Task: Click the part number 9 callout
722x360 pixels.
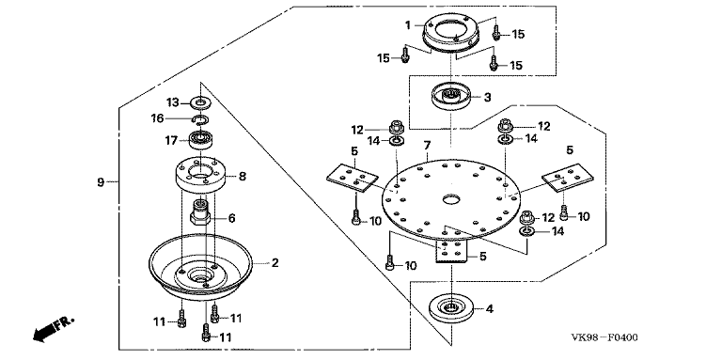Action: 101,181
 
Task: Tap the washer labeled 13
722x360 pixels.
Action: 200,102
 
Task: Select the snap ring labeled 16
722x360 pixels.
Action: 200,119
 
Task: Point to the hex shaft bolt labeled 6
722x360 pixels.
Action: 200,211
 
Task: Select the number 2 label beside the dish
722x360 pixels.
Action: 275,263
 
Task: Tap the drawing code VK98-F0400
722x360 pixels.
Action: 604,337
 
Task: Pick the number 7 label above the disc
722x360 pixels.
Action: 427,146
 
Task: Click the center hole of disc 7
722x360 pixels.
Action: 451,199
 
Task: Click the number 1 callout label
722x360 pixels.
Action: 408,24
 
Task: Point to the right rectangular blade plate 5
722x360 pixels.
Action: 567,178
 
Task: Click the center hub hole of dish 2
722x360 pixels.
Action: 201,276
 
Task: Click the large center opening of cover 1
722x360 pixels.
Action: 451,29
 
